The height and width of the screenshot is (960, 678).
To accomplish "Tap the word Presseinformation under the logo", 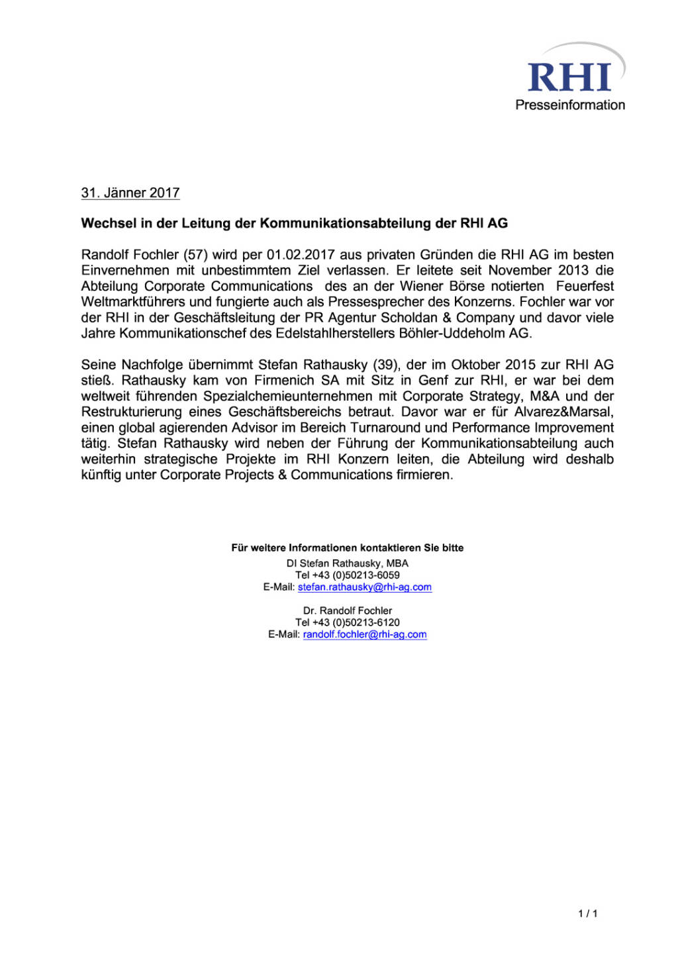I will point(570,105).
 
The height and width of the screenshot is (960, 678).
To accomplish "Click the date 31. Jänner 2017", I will point(130,193).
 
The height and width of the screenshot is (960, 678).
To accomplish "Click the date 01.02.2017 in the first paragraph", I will point(301,255).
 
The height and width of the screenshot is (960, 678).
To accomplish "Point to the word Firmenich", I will point(284,381).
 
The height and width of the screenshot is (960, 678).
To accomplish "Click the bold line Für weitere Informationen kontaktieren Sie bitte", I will point(347,548).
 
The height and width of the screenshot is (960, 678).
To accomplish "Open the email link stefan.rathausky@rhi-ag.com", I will point(364,587).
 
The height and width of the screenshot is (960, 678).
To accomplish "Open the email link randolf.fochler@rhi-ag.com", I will point(364,634).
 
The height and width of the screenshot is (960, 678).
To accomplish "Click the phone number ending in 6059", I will point(348,575).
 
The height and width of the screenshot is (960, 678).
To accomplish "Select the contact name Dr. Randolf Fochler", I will point(348,610).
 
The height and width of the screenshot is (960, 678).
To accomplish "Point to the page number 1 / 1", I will point(587,914).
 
